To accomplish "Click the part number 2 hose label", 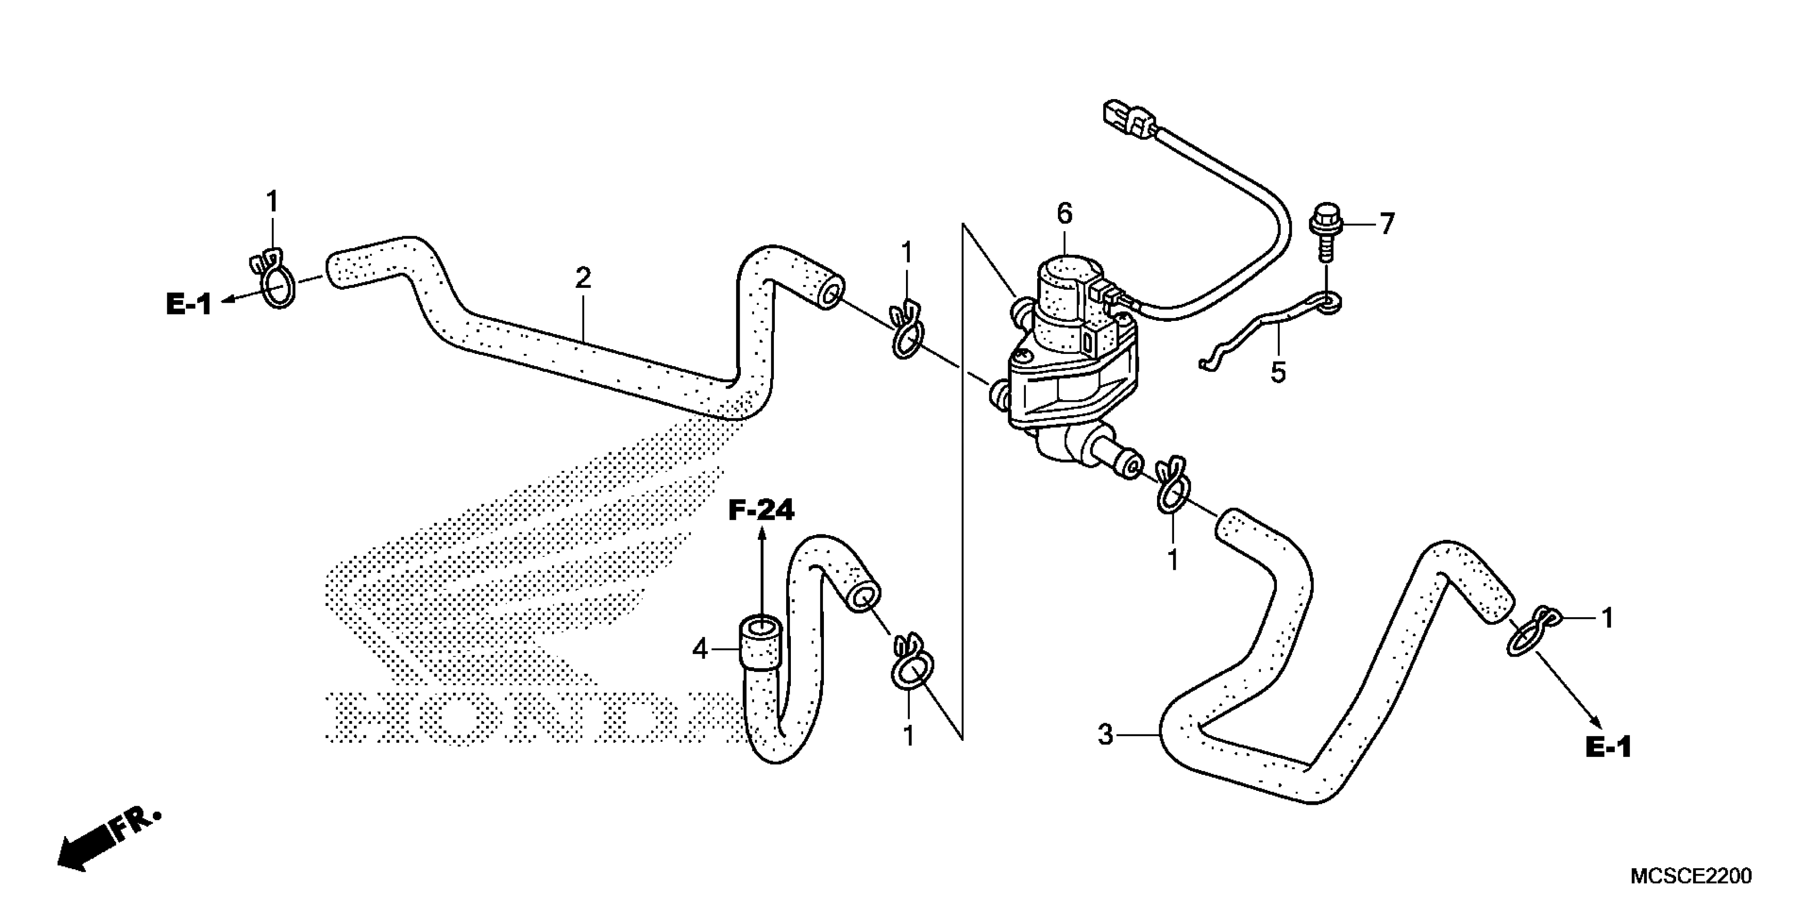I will click(x=583, y=279).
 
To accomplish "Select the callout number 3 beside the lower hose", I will click(x=1106, y=735).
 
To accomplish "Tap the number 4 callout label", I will click(x=699, y=649).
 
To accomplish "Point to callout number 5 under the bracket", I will click(x=1278, y=372).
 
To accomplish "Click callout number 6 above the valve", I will click(x=1064, y=213).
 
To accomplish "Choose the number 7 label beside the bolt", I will click(x=1386, y=224).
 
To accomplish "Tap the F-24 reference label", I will click(x=761, y=511).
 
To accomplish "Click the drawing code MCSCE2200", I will click(x=1690, y=876).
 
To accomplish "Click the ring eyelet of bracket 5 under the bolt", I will click(x=1328, y=303).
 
